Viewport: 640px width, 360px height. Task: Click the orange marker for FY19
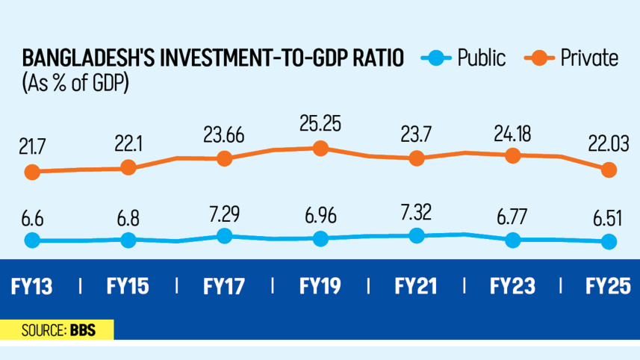point(320,149)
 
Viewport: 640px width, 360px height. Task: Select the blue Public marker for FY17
point(224,236)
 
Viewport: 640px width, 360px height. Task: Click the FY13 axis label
point(32,286)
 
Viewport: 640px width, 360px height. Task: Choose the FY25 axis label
point(609,286)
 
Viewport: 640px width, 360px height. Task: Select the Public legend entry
point(467,58)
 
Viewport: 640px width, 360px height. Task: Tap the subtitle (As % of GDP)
point(75,82)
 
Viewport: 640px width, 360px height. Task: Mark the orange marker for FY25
point(609,170)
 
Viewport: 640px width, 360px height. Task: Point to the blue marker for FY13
point(31,240)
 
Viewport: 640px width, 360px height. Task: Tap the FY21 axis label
point(416,286)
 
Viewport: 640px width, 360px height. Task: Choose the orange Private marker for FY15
point(128,168)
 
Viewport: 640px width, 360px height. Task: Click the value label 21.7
point(31,144)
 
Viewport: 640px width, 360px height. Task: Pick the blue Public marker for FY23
point(512,240)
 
